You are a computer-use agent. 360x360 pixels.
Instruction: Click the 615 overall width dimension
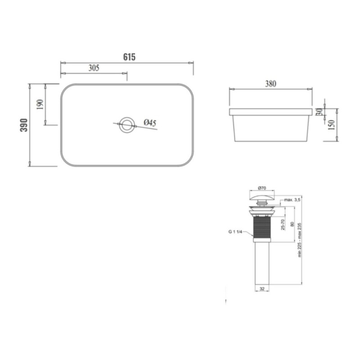[129, 57]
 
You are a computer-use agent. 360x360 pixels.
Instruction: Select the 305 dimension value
[94, 68]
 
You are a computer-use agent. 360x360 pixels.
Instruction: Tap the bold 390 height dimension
[24, 125]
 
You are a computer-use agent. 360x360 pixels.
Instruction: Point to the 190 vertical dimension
[40, 104]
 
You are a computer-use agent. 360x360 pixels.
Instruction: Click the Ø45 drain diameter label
[150, 123]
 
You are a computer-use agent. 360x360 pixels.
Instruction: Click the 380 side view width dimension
[271, 84]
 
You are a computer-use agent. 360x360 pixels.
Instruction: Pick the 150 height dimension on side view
[332, 125]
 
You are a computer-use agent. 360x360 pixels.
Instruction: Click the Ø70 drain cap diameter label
[262, 188]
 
